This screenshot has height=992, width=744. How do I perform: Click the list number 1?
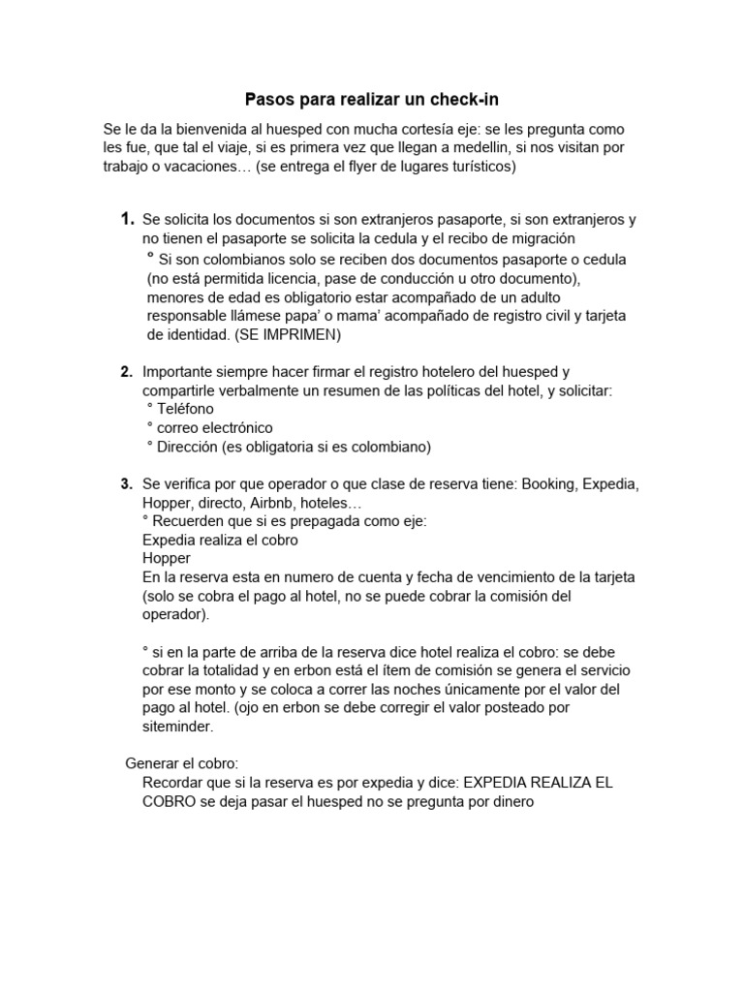point(127,220)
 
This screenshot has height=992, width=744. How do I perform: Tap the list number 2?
point(127,371)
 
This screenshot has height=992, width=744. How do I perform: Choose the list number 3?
point(127,483)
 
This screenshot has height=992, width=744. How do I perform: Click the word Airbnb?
point(271,503)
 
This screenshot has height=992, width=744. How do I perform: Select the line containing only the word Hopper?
point(167,558)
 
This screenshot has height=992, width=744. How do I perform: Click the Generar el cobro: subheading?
point(182,763)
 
